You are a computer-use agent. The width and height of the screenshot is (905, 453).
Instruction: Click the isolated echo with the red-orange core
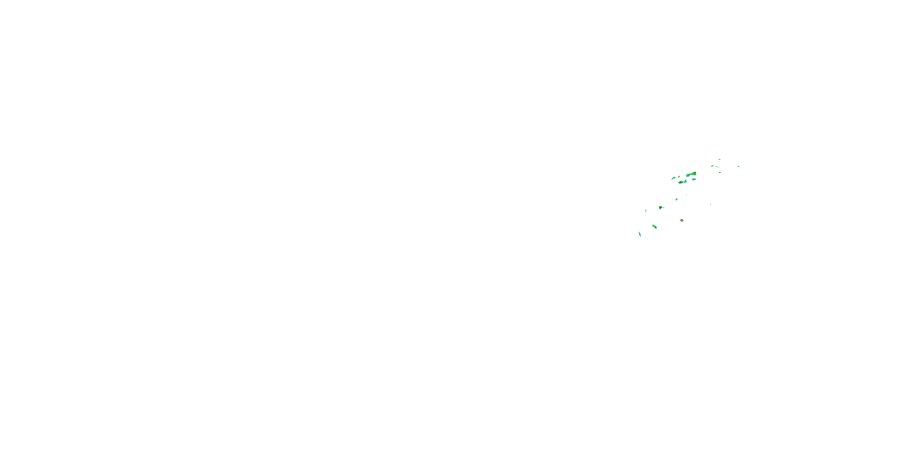[681, 220]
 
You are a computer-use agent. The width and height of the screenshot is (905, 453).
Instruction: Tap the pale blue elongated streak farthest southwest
[640, 234]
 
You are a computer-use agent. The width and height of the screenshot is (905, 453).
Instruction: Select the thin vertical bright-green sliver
[646, 211]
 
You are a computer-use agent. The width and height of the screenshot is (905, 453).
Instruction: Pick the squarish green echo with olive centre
[660, 207]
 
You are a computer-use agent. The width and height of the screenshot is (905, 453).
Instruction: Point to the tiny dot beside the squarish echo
[664, 207]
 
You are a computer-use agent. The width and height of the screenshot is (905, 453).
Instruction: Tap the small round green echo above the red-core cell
[676, 199]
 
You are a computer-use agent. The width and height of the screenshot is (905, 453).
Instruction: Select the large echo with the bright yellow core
[694, 173]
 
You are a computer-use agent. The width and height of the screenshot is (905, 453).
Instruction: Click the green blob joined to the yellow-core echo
[688, 175]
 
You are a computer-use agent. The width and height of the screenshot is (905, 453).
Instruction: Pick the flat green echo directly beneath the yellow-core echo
[694, 179]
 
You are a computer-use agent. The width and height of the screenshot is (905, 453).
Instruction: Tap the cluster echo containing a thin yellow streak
[681, 182]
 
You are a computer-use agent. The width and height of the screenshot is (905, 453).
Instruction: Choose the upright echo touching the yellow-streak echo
[685, 182]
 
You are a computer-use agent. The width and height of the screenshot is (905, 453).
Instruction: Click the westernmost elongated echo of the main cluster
[674, 178]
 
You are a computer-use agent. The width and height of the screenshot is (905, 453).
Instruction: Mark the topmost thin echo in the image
[719, 159]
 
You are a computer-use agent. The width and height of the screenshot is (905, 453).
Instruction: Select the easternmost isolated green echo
[738, 166]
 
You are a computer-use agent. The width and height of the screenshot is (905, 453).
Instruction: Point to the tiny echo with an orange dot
[720, 172]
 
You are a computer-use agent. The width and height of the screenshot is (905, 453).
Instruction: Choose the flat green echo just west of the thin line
[713, 166]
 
